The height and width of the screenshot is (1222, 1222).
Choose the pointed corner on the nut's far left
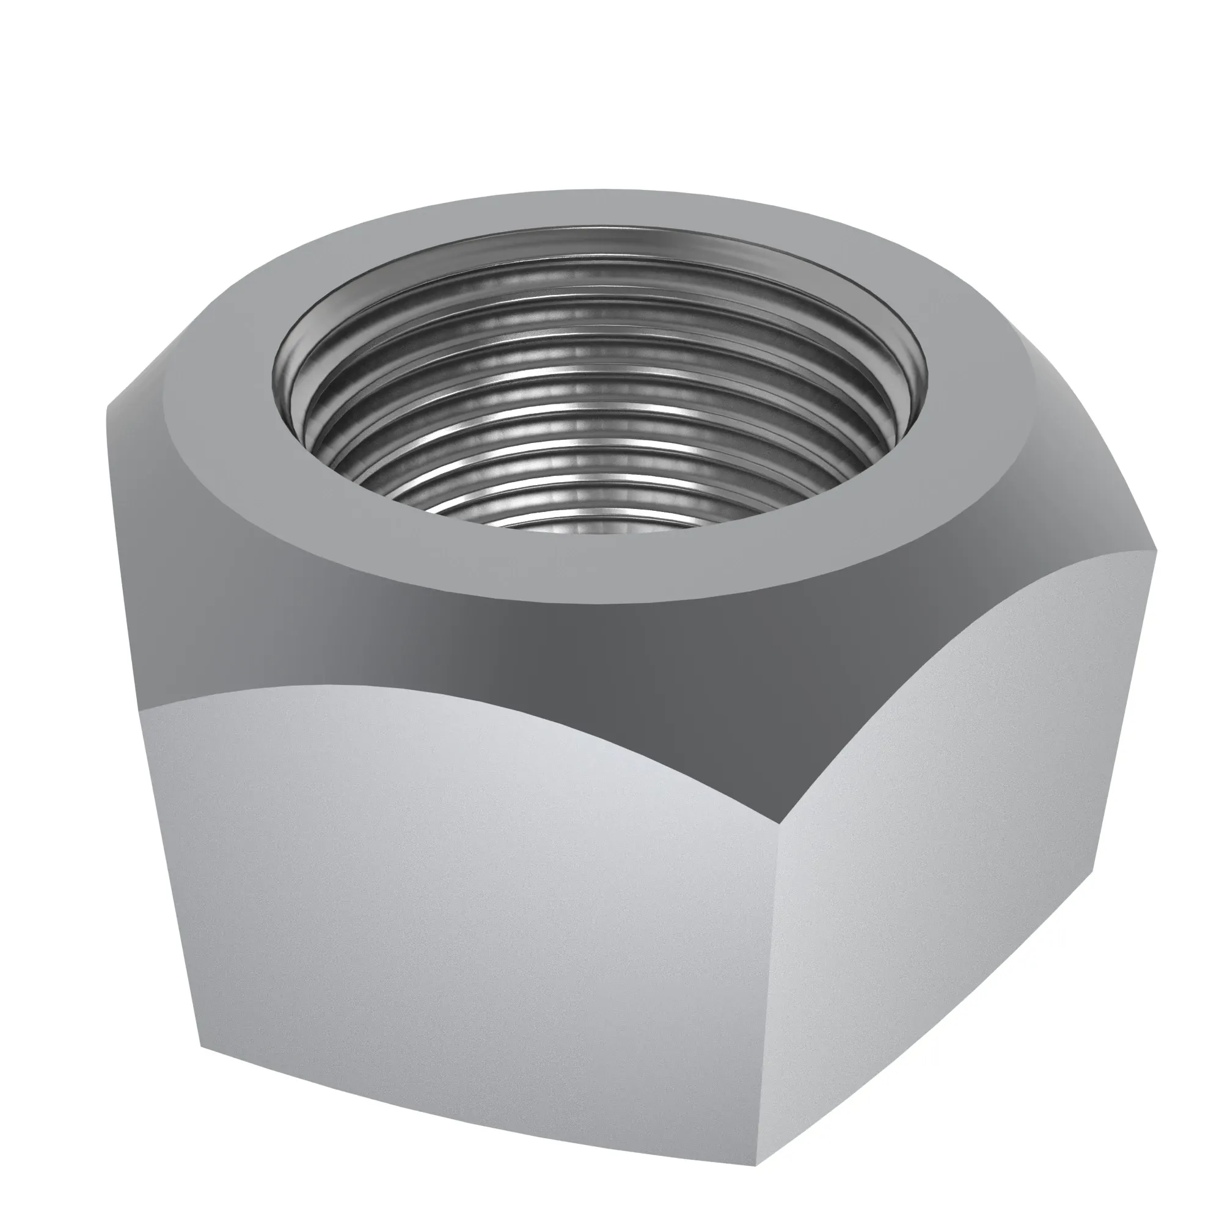coord(106,405)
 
